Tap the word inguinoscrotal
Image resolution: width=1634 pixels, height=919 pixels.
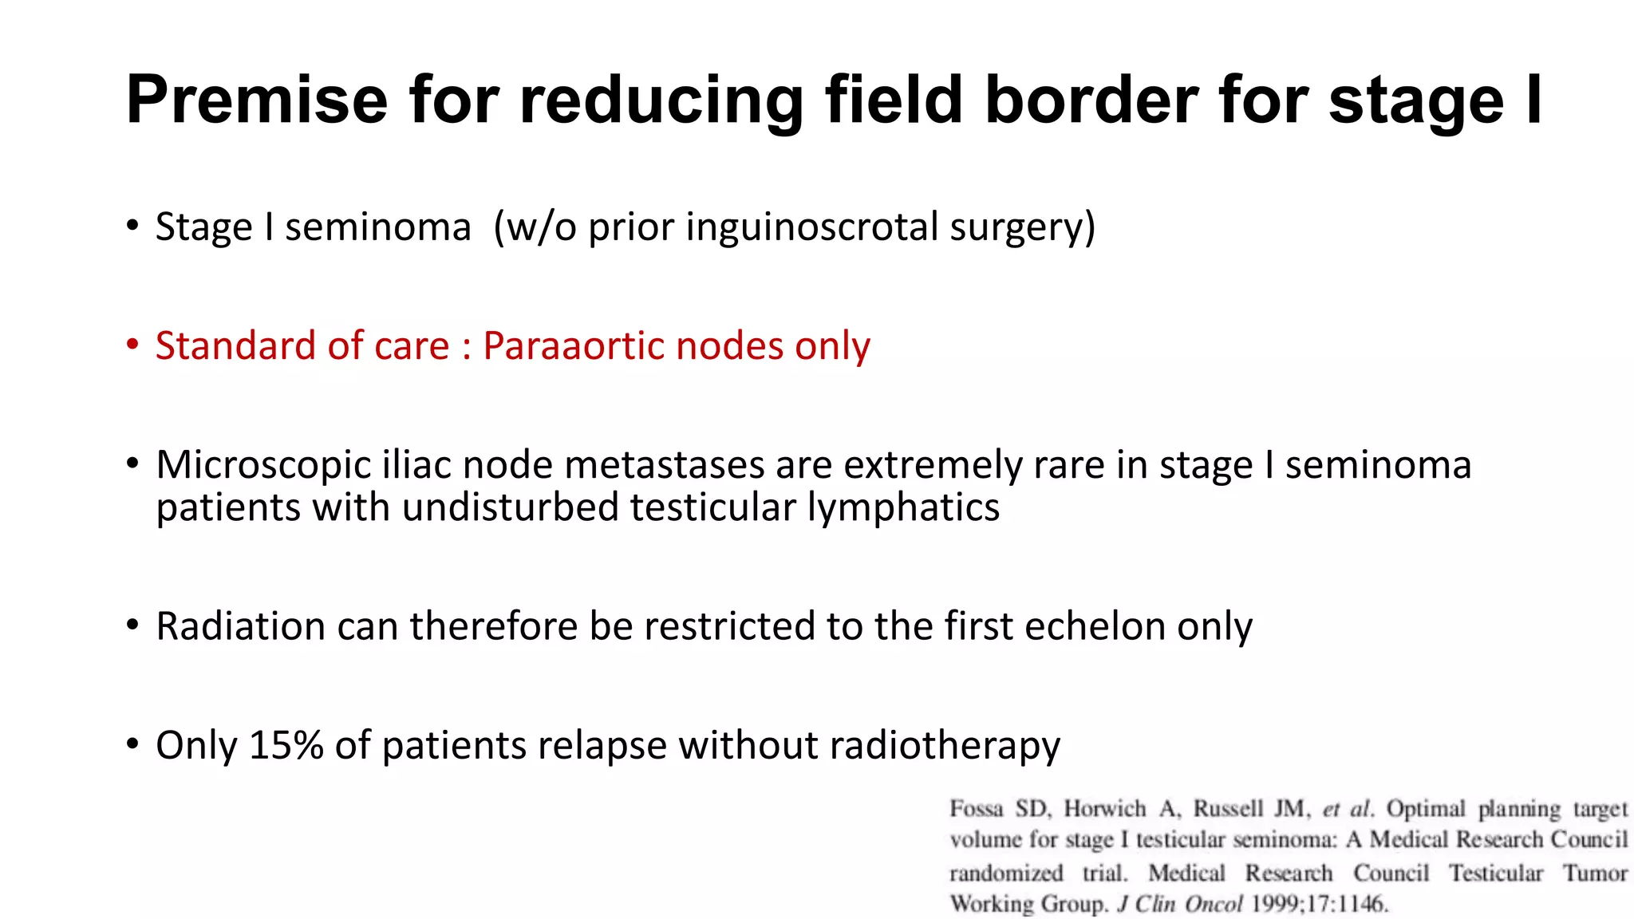tap(811, 227)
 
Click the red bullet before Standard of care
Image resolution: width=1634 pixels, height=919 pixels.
tap(132, 345)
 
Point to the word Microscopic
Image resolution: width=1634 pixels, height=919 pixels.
tap(263, 465)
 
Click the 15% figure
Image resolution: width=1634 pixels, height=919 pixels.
tap(286, 745)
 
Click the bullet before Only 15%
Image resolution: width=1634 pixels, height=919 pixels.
tap(132, 744)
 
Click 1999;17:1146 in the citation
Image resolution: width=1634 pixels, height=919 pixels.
tap(1319, 904)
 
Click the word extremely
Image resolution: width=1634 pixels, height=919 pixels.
tap(932, 465)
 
